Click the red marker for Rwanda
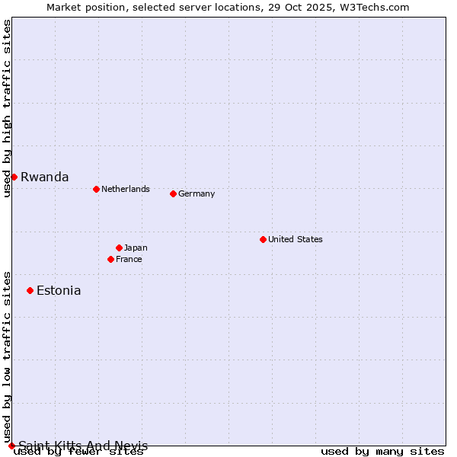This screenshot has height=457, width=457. (x=14, y=177)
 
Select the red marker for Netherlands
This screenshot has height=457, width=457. (x=96, y=189)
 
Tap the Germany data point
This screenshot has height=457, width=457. (x=173, y=193)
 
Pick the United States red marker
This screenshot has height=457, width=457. (x=263, y=239)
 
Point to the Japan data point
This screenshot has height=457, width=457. (x=119, y=248)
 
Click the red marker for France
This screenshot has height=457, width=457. (x=110, y=259)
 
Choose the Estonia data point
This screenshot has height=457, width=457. (x=30, y=290)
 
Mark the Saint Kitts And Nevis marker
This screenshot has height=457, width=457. (x=11, y=446)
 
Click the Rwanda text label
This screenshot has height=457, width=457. (x=44, y=177)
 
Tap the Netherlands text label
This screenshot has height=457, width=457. (x=126, y=189)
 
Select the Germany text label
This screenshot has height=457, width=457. (x=197, y=193)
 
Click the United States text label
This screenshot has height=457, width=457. (x=296, y=239)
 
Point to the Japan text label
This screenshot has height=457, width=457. (x=136, y=248)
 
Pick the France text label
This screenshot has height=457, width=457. (x=129, y=259)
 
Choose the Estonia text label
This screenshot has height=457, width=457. (x=59, y=290)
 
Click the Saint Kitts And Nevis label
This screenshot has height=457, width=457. (x=83, y=446)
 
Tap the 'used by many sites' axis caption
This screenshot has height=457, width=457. (x=382, y=452)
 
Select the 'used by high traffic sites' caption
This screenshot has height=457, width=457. (x=7, y=109)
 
